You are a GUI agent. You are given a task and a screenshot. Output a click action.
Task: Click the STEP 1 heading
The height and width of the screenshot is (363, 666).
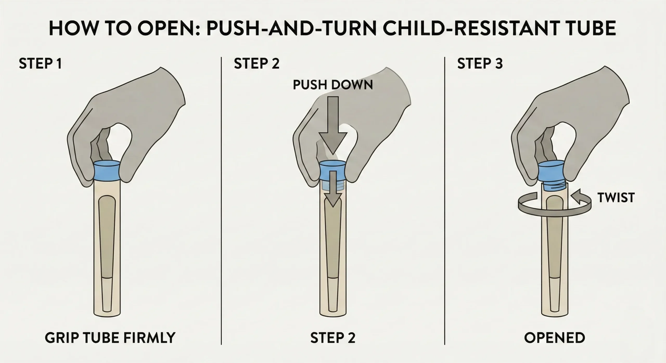click(x=40, y=64)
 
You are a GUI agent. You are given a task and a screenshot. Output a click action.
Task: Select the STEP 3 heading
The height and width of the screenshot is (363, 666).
click(x=480, y=64)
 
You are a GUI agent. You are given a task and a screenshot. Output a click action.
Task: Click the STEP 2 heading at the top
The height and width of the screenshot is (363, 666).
click(x=257, y=64)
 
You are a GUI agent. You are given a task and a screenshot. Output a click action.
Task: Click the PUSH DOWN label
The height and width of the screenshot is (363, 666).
click(x=333, y=85)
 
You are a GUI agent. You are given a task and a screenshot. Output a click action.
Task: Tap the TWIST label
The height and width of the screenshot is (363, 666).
click(x=616, y=198)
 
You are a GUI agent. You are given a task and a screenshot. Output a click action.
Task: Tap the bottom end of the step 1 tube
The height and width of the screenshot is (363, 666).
click(x=107, y=313)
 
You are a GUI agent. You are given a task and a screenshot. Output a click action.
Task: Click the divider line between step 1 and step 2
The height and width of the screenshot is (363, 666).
click(x=221, y=200)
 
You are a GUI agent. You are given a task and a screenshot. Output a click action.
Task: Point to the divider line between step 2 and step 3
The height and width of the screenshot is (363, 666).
click(x=444, y=200)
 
